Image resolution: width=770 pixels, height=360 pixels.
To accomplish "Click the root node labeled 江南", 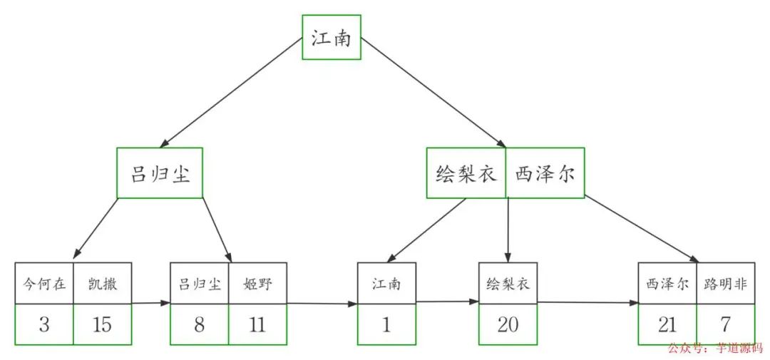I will (x=331, y=37).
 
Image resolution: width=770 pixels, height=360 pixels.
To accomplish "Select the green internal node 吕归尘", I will (x=160, y=173).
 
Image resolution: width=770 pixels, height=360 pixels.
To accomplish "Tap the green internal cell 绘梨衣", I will (x=466, y=173).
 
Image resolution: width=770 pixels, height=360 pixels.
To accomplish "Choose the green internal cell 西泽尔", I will (x=545, y=173).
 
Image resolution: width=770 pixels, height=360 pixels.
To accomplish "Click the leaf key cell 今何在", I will (x=44, y=284).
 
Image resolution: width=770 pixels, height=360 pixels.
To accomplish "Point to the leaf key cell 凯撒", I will (x=103, y=284).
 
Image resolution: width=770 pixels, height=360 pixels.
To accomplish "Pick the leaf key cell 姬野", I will (x=257, y=284).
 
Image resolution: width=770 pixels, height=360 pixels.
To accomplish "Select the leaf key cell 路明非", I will (x=725, y=284).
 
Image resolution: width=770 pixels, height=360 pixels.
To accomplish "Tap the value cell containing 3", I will (x=44, y=325).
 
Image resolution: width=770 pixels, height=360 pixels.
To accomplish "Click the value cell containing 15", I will (x=103, y=325).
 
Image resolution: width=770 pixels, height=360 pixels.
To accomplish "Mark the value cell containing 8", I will (x=199, y=325).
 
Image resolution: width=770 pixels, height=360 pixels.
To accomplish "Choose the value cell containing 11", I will (x=257, y=325).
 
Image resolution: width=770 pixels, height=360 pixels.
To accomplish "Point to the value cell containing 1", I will (x=386, y=325).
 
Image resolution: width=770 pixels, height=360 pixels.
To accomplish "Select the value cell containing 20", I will (x=508, y=325).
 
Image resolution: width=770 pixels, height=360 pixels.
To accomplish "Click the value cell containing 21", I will (x=667, y=325).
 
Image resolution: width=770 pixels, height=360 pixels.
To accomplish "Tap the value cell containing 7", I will (x=725, y=325).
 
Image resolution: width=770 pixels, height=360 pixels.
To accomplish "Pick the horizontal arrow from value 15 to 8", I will (x=150, y=303).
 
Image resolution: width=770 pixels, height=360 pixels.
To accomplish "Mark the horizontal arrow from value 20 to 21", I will (x=587, y=302).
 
